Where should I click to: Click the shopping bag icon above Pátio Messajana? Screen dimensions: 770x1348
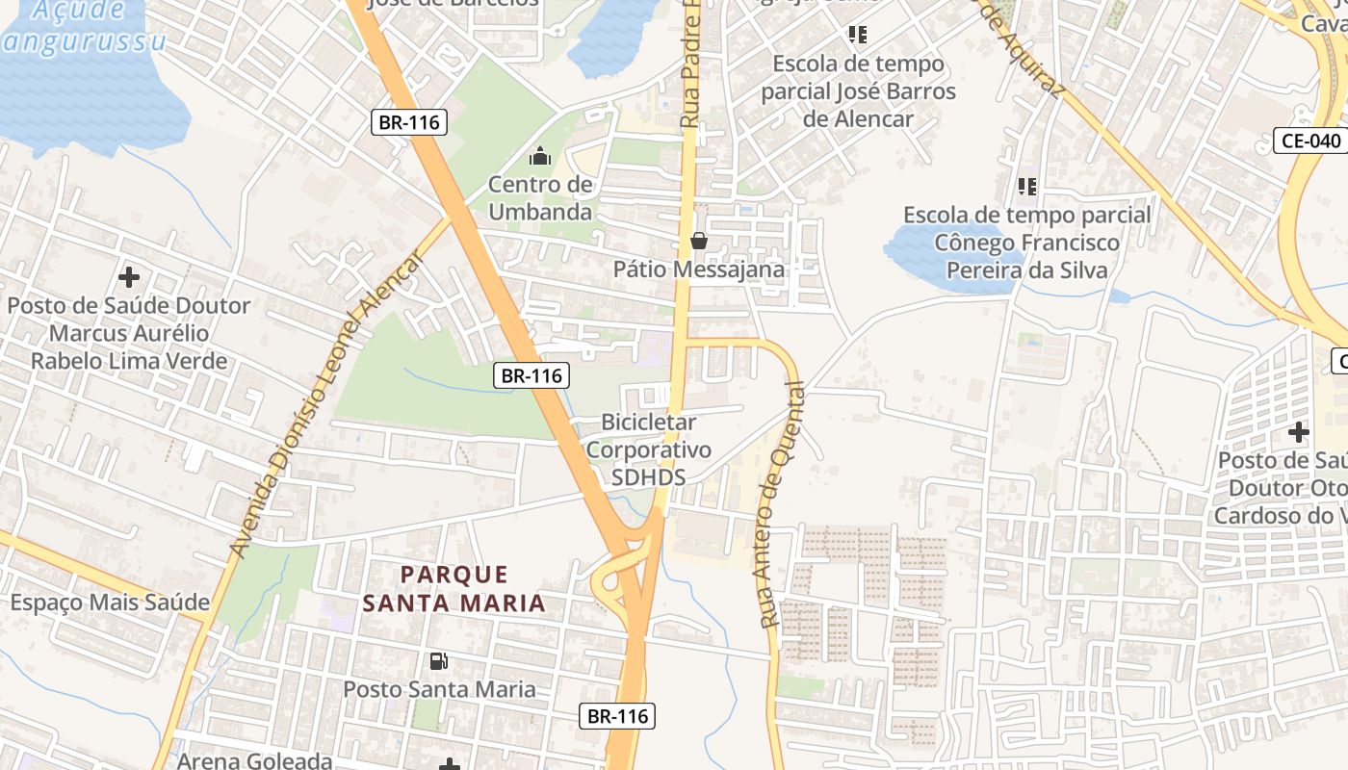699,241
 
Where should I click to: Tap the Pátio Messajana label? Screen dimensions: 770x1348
699,269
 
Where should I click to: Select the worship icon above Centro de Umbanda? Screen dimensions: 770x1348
540,155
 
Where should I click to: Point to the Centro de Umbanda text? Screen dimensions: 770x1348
540,197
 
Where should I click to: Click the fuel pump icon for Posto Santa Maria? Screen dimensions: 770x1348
439,661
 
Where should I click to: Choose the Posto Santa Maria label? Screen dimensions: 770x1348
439,689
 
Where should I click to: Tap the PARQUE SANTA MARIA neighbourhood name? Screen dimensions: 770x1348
453,589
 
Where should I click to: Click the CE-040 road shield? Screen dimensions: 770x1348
1310,141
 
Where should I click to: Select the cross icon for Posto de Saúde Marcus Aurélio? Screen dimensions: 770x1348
128,278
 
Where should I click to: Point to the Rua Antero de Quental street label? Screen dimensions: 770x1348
781,504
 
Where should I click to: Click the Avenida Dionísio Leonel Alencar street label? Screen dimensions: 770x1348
327,404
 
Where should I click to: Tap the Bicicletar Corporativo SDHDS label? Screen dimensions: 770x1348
649,449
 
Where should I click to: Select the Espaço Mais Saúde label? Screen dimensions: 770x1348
110,603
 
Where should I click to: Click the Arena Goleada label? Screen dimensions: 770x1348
254,760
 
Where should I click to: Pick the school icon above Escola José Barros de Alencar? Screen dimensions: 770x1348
858,35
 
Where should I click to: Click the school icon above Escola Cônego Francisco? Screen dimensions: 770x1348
1027,186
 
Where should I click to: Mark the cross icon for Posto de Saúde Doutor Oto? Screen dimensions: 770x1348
1299,432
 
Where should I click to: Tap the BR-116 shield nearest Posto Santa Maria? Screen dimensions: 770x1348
617,716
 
